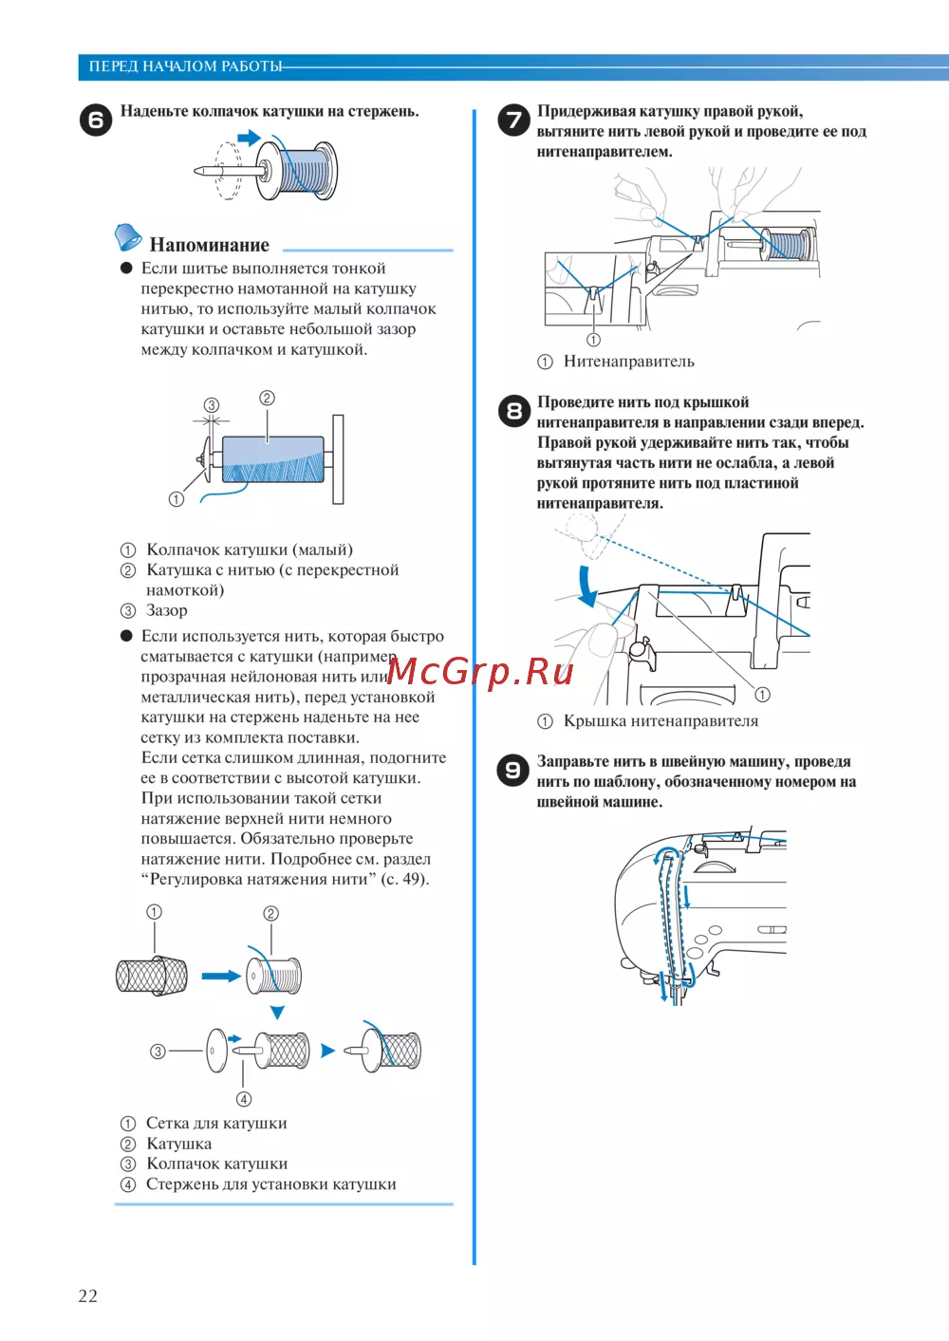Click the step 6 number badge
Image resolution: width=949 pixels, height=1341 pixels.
(x=95, y=121)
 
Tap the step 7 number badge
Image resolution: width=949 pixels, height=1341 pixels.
(x=513, y=120)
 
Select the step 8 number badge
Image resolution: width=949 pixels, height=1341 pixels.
(x=513, y=411)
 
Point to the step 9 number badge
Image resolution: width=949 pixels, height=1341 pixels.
(x=513, y=770)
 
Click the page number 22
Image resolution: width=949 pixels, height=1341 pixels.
(x=87, y=1295)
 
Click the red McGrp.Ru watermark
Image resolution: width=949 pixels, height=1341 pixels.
(x=480, y=672)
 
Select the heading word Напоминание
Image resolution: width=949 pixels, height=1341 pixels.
(x=209, y=245)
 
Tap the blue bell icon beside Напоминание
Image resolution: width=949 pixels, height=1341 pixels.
(x=127, y=237)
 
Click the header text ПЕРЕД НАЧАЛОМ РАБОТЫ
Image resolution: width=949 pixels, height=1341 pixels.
(x=185, y=66)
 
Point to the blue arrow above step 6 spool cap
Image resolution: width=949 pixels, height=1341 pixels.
(x=249, y=139)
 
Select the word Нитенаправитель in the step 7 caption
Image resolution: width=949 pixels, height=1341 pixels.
(x=628, y=362)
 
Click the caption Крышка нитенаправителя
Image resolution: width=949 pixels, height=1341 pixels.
(x=661, y=721)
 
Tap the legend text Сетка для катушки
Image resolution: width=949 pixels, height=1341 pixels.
(x=216, y=1124)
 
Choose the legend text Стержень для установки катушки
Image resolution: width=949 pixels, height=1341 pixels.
(x=270, y=1184)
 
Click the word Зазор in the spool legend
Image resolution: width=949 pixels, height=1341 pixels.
(x=167, y=610)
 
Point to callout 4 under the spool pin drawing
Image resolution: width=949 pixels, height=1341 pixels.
(x=244, y=1099)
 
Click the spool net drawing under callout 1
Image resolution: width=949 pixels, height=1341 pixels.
(x=151, y=976)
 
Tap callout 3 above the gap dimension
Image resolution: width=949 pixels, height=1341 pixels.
(x=212, y=405)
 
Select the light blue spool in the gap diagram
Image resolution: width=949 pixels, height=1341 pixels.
(x=272, y=457)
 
